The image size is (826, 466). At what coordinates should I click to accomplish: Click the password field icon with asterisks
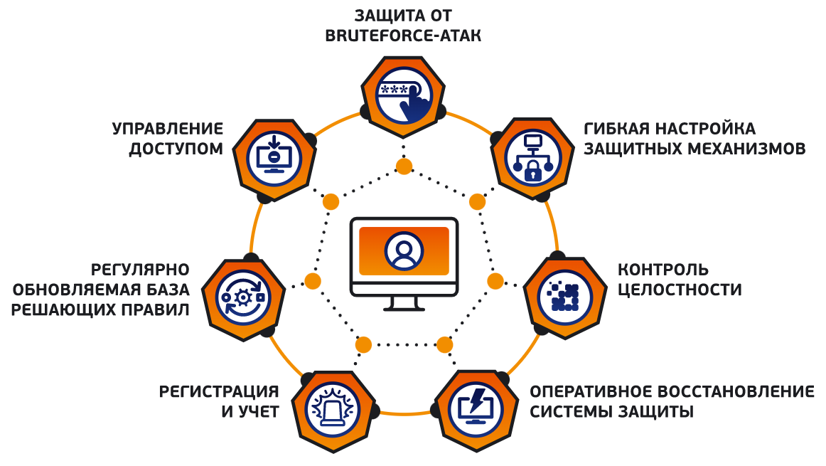[404, 97]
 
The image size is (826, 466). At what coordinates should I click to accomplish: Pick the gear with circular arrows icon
[243, 298]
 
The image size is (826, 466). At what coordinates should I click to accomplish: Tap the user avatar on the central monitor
[404, 250]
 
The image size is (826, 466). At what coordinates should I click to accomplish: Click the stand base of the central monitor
[404, 308]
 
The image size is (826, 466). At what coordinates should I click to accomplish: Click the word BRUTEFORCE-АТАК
[403, 36]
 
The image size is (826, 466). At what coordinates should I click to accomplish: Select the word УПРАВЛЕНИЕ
[168, 129]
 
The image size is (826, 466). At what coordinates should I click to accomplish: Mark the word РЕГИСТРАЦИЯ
[219, 392]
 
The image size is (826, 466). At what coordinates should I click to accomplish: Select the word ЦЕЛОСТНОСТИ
[680, 290]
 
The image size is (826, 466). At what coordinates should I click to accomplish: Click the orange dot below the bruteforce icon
[404, 166]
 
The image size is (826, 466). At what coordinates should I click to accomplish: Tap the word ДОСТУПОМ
[176, 149]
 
